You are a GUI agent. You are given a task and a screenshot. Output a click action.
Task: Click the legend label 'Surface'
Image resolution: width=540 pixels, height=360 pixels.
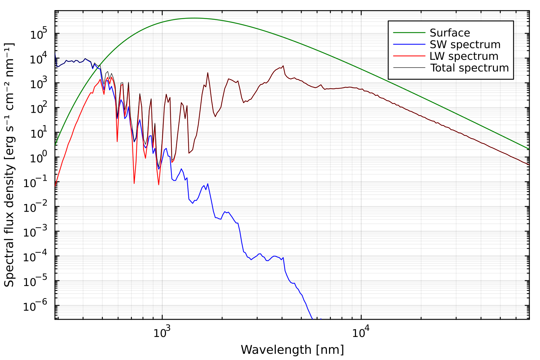pyautogui.click(x=450, y=33)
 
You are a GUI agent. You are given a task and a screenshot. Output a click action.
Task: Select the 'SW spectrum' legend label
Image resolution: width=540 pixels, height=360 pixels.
pyautogui.click(x=465, y=45)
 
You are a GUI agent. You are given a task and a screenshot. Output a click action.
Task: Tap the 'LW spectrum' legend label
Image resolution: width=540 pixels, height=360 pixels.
pyautogui.click(x=464, y=56)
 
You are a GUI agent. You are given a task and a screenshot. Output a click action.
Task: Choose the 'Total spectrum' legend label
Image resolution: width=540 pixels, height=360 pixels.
pyautogui.click(x=469, y=68)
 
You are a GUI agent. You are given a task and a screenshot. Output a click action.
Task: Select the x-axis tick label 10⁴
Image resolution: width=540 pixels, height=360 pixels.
pyautogui.click(x=360, y=332)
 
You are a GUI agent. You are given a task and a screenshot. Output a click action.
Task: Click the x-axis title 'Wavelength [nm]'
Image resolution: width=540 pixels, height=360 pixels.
pyautogui.click(x=292, y=350)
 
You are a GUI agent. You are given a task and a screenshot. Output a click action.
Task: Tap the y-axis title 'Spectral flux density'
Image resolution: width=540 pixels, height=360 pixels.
pyautogui.click(x=9, y=165)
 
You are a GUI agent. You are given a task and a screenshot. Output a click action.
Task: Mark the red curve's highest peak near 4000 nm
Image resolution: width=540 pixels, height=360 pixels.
pyautogui.click(x=283, y=66)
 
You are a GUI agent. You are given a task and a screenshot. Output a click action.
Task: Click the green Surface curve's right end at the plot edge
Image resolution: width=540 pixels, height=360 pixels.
pyautogui.click(x=529, y=149)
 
